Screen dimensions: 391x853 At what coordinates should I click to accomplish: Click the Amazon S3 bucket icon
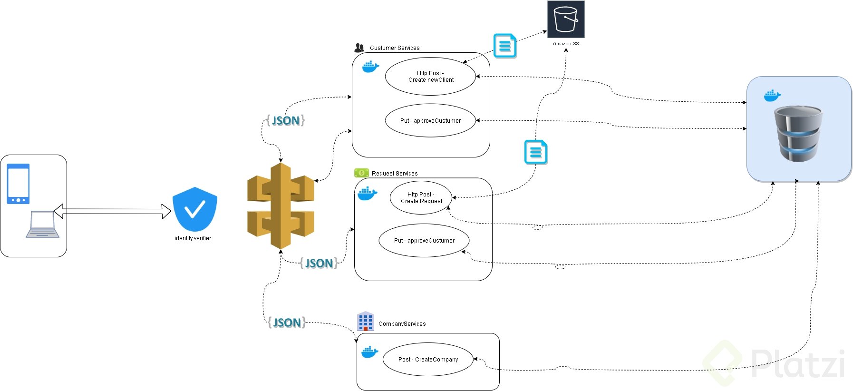point(566,19)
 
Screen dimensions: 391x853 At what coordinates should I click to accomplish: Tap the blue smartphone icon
point(18,184)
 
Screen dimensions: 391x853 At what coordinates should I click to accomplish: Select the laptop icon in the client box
point(43,225)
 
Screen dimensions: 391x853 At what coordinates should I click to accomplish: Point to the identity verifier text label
point(193,238)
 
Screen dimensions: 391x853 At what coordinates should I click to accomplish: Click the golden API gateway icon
point(281,206)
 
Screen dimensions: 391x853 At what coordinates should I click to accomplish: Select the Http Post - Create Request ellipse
point(421,197)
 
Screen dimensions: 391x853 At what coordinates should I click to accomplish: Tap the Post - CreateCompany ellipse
point(428,360)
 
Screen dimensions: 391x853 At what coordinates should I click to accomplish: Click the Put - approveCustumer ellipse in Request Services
point(424,241)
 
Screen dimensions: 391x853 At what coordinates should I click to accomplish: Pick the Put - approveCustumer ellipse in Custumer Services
point(430,120)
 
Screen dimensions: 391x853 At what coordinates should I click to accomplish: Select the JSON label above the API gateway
point(285,120)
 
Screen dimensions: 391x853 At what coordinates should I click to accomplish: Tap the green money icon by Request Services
point(361,173)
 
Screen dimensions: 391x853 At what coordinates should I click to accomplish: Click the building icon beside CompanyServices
point(365,322)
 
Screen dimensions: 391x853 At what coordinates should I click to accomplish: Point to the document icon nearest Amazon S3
point(505,46)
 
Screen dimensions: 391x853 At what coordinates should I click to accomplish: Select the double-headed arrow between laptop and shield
point(112,211)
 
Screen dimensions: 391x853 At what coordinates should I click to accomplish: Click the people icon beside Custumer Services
point(359,48)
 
